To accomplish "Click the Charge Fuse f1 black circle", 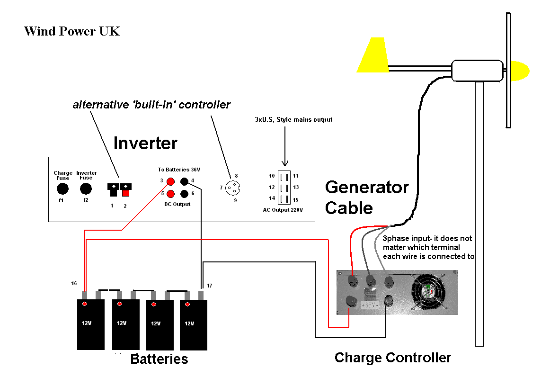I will (62, 189).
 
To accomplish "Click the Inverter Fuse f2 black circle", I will (86, 189).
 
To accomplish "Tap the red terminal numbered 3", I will (170, 180).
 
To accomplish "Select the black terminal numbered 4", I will (184, 180).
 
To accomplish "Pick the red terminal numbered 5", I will (170, 193).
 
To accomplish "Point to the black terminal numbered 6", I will (184, 193).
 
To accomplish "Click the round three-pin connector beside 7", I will (232, 188).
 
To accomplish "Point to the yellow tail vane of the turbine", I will (373, 55).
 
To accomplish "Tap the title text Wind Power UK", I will (72, 31).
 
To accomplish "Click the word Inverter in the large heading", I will (145, 143).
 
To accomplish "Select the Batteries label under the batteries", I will (159, 359).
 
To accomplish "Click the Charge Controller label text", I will (392, 357).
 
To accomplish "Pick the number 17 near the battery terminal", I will (209, 286).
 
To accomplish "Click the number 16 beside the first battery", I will (74, 283).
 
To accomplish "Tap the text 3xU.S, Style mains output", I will (293, 119).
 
